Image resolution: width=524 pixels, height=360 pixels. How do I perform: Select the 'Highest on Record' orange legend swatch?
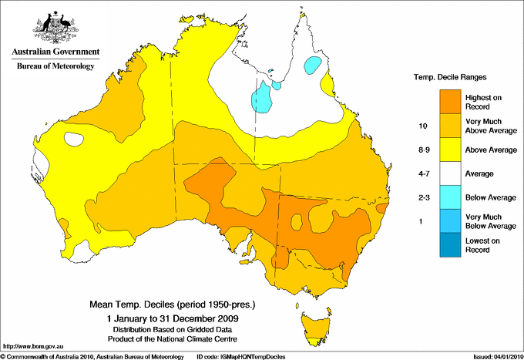[x=452, y=101]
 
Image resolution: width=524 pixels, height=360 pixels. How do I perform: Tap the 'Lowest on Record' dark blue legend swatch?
[x=452, y=244]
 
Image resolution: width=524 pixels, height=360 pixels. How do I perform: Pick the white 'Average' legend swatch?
[x=452, y=173]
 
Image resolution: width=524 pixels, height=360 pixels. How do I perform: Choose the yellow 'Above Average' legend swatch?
[x=452, y=149]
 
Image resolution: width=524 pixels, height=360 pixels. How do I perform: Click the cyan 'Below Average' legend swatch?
[x=452, y=197]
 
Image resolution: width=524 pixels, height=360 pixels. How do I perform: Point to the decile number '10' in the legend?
[x=422, y=125]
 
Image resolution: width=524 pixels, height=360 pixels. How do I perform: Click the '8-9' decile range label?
[x=422, y=149]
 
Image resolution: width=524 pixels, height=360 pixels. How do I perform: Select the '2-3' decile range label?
[x=422, y=197]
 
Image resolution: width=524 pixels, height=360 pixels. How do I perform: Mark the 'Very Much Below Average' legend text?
[x=490, y=220]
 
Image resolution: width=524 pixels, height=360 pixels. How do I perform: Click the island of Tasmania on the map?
[x=314, y=321]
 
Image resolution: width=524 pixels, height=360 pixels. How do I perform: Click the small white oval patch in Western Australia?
[x=75, y=140]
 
